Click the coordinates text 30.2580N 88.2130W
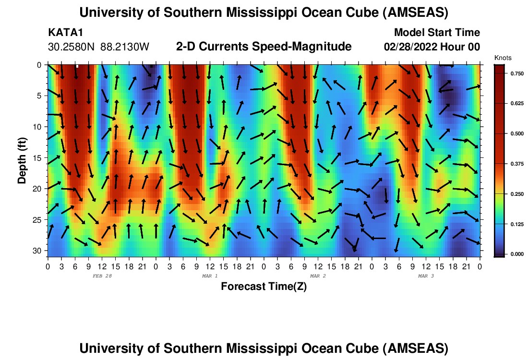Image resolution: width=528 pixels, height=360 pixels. (99, 47)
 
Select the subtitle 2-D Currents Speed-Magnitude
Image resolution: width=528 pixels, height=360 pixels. (264, 47)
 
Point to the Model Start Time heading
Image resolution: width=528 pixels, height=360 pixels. (437, 33)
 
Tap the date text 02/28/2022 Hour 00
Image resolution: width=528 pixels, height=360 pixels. (432, 47)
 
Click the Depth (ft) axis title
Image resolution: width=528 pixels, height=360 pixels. (22, 158)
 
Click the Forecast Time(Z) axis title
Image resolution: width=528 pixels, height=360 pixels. (264, 287)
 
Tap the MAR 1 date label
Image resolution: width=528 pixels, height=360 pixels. (210, 276)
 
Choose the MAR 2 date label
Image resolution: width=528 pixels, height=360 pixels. (318, 276)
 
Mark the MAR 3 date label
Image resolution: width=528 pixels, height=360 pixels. (426, 276)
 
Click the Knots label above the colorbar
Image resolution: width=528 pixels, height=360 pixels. (503, 58)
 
